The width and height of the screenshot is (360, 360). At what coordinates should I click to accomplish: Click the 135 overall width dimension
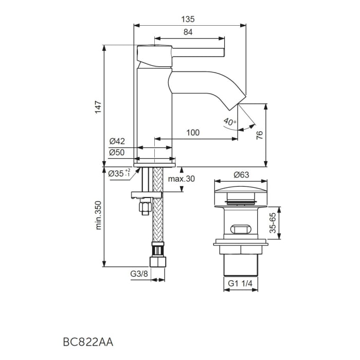(x=188, y=19)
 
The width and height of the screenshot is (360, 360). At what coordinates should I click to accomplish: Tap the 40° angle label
(x=229, y=122)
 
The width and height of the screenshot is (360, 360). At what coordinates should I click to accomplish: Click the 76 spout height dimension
(x=260, y=135)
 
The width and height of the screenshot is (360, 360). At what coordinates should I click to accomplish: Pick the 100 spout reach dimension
(x=192, y=133)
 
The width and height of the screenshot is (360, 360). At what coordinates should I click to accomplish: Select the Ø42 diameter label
(x=117, y=141)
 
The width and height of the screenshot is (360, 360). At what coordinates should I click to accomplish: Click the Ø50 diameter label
(x=117, y=152)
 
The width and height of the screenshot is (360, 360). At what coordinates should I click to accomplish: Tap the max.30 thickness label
(x=182, y=178)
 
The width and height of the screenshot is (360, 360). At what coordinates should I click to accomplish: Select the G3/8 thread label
(x=139, y=274)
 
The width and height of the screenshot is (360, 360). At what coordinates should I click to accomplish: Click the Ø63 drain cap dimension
(x=241, y=175)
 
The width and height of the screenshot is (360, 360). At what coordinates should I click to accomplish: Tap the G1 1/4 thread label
(x=241, y=283)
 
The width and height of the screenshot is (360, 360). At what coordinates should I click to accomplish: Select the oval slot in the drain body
(x=241, y=229)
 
